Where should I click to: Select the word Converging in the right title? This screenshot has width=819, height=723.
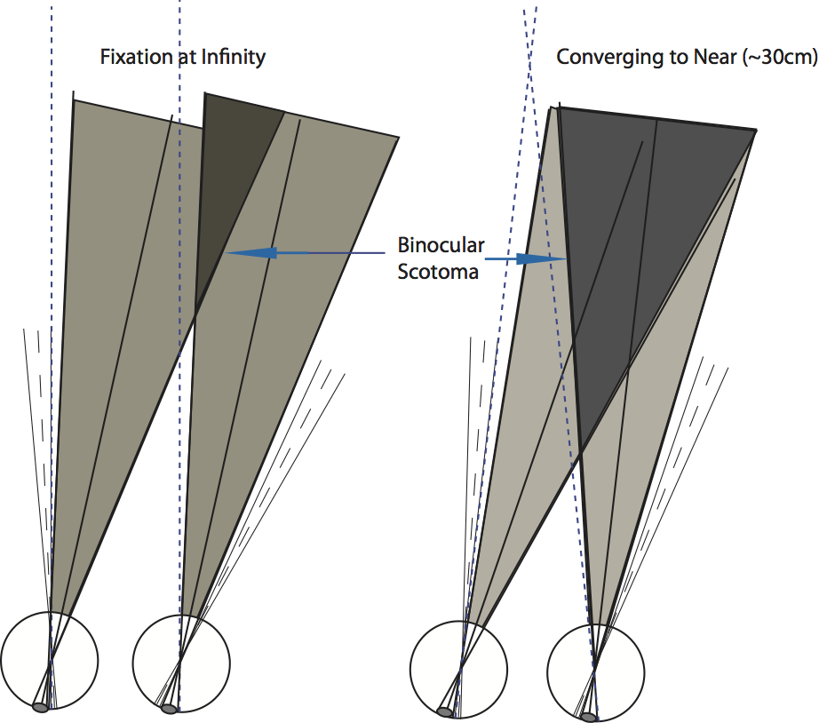598,58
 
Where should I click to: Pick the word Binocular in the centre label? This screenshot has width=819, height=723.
441,244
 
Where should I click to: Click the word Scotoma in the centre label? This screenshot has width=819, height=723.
438,272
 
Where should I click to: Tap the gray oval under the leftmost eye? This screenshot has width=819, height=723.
41,707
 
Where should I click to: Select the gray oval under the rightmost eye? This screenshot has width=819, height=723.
588,716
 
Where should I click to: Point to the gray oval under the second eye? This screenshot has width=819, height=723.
169,709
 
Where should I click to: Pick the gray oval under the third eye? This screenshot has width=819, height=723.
446,711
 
